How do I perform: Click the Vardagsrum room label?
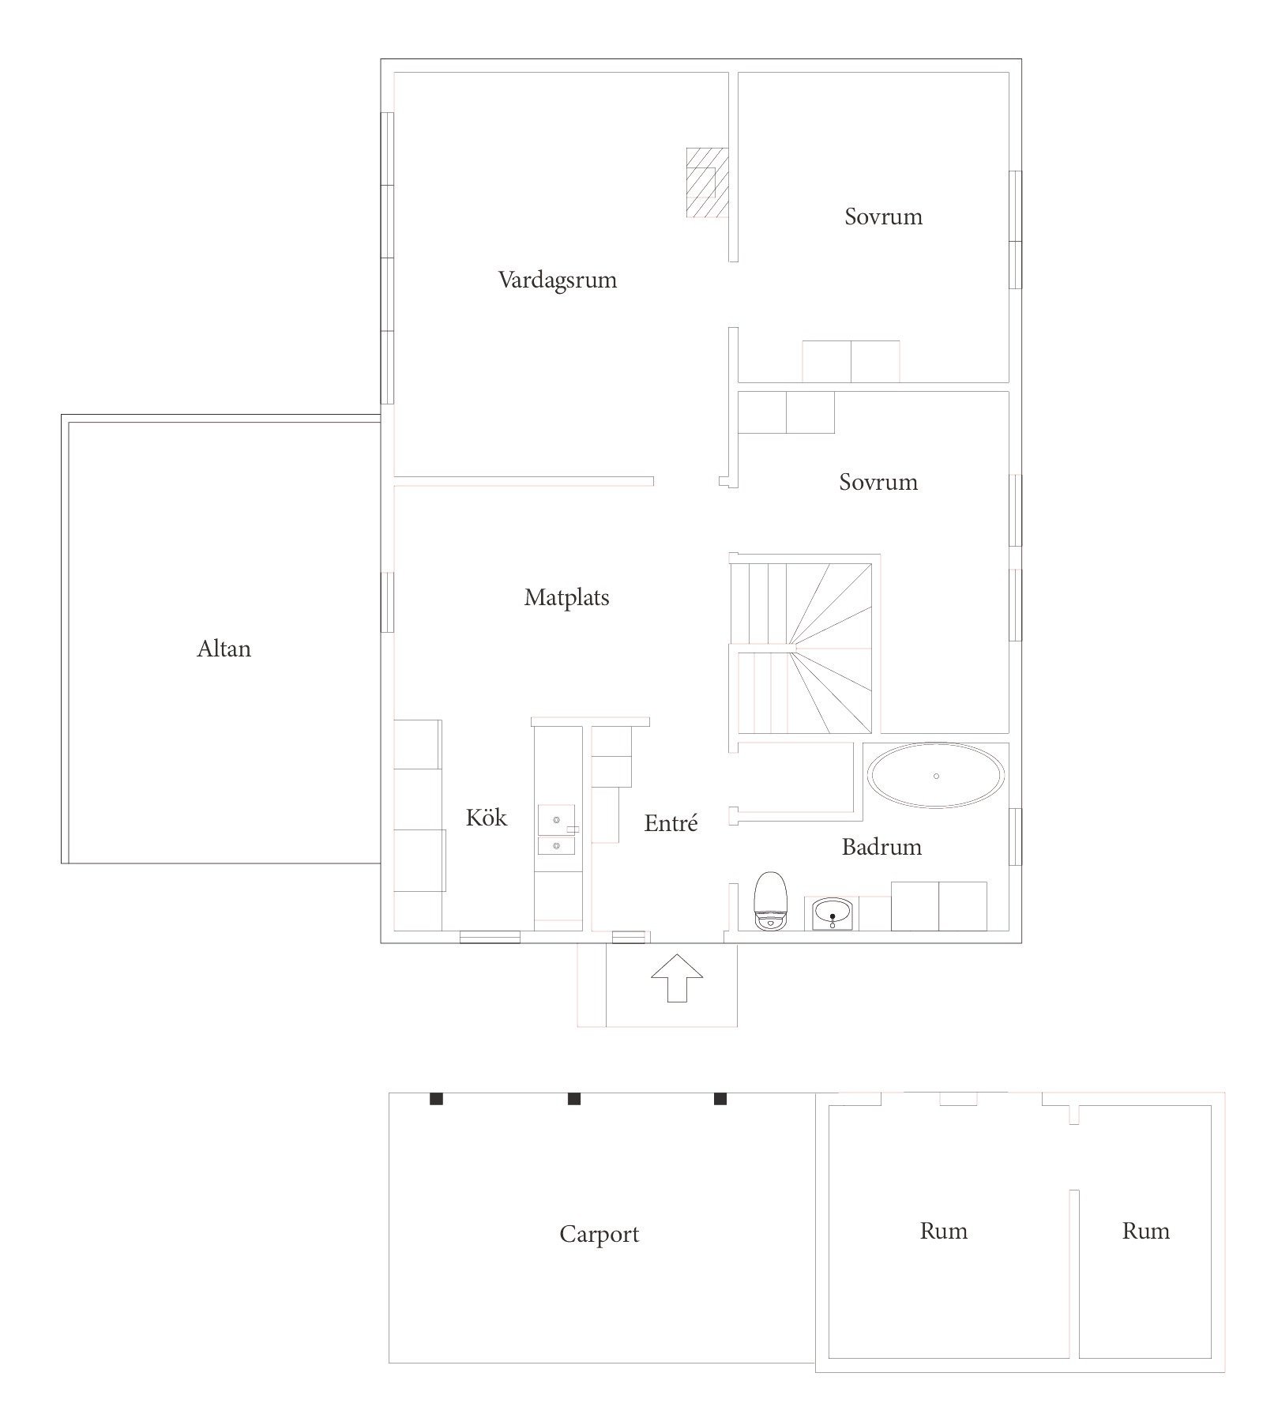[x=558, y=280]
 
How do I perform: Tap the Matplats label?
[x=566, y=598]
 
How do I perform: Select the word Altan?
[x=224, y=649]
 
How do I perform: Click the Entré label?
[x=671, y=823]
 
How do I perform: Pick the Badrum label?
[x=881, y=847]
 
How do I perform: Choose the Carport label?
[x=599, y=1235]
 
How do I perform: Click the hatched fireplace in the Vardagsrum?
[x=707, y=182]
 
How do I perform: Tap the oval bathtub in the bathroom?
[x=936, y=776]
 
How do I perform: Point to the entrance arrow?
[x=676, y=978]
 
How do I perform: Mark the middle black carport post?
[x=574, y=1099]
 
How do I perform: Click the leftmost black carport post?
[x=436, y=1099]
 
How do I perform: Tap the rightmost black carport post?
[x=720, y=1099]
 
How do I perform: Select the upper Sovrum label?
[x=883, y=216]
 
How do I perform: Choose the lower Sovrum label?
[x=878, y=482]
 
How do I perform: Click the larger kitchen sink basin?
[x=556, y=820]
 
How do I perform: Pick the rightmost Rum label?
[x=1145, y=1231]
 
